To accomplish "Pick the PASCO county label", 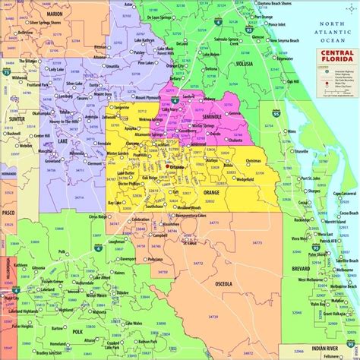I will tap(9, 214).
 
